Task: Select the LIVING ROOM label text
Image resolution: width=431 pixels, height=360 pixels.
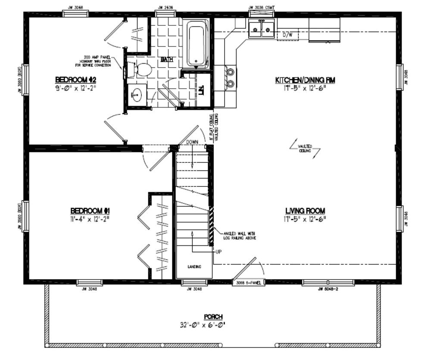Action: [305, 211]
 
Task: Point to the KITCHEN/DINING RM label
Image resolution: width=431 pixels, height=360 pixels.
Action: [305, 80]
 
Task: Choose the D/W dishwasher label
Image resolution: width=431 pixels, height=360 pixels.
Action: [287, 34]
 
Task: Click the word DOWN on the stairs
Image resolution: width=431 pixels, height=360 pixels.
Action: [192, 142]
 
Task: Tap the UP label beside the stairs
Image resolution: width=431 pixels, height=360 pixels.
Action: [218, 252]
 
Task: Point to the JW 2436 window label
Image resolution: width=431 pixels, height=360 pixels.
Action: [162, 7]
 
